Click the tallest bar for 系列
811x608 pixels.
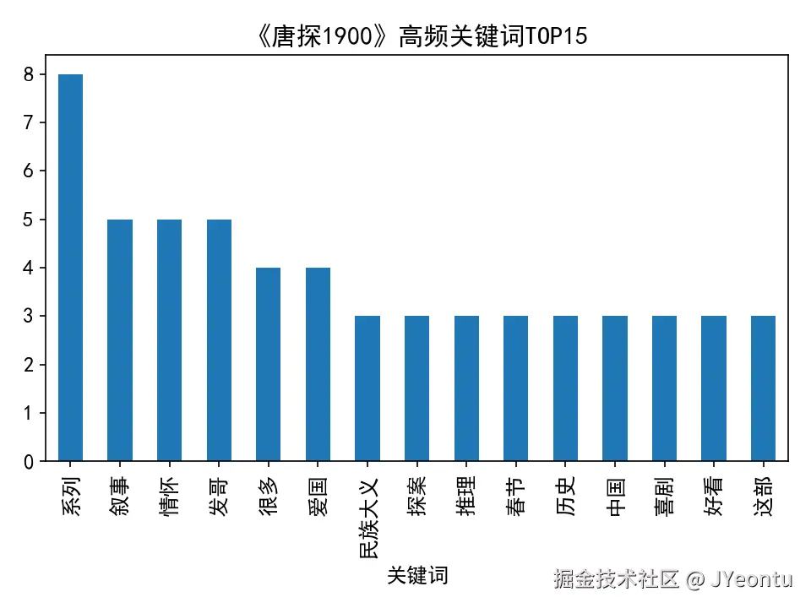70,268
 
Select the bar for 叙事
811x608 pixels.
120,340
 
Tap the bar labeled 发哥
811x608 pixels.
219,340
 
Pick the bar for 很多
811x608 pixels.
269,365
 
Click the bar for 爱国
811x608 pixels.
318,365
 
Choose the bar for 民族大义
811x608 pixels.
367,388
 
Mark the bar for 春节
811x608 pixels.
516,388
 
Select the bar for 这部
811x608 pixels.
764,388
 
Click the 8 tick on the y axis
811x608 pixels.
30,74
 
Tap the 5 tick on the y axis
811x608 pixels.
30,220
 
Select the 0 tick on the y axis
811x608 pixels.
30,462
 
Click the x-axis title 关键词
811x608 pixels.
417,576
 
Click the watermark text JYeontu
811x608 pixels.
751,579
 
